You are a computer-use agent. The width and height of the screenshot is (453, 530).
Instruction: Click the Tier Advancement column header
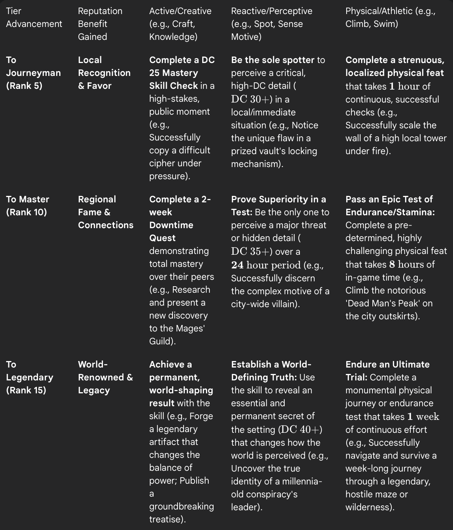point(34,17)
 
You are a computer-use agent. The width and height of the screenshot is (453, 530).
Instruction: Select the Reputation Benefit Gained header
point(100,24)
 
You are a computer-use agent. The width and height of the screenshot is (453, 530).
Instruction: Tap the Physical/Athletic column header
point(390,17)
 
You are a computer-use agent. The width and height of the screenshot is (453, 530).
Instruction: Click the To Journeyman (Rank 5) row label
point(33,73)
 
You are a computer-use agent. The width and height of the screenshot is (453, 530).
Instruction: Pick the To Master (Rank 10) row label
point(28,205)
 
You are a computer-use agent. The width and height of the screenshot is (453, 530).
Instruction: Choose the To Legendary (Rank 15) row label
point(30,377)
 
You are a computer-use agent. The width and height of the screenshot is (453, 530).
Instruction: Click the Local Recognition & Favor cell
point(104,73)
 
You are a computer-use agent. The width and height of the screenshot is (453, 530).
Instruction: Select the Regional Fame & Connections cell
point(106,212)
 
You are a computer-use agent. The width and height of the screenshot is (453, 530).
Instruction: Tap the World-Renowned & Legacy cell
point(105,377)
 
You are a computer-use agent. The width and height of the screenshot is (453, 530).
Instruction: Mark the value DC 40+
point(301,429)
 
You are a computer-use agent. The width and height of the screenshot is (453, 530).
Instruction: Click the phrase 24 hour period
point(266,265)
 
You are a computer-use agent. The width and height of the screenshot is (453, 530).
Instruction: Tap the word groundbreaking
point(181,506)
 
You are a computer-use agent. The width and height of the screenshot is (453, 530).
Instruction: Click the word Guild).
point(162,341)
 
